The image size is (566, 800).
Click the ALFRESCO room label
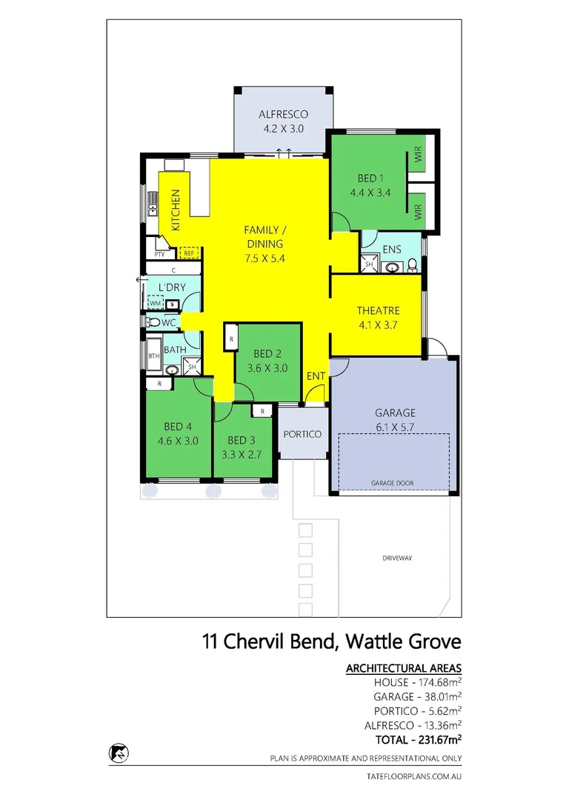tap(282, 115)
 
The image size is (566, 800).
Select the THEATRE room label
tap(378, 311)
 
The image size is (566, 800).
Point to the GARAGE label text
tap(395, 413)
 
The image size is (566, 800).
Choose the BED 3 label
tap(242, 439)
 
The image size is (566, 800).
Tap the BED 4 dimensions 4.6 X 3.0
tap(179, 440)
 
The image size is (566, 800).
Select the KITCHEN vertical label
tap(176, 210)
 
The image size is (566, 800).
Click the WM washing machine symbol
tap(155, 303)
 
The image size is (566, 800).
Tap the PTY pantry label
tap(159, 254)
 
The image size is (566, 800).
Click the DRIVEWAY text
tap(397, 557)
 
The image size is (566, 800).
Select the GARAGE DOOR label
tap(393, 483)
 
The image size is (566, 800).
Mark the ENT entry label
tap(316, 376)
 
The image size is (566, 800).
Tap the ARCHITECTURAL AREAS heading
tap(404, 668)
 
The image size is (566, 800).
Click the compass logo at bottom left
tap(116, 752)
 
